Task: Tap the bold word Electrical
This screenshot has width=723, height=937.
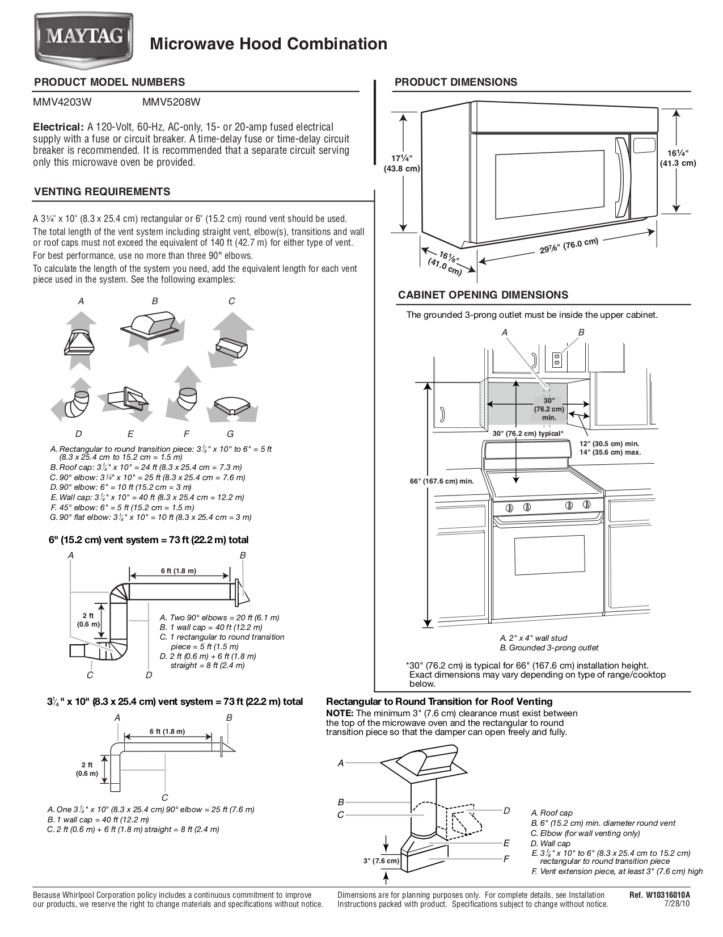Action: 58,127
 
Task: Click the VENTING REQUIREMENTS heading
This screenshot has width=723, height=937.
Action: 102,192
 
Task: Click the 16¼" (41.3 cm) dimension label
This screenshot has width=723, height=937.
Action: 677,158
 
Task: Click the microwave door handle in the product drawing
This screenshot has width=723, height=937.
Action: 623,177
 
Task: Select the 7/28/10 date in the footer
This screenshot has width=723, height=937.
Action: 678,904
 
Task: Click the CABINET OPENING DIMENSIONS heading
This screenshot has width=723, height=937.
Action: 483,295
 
